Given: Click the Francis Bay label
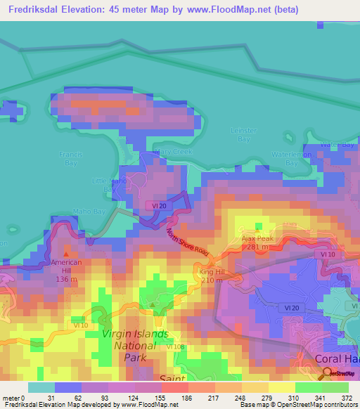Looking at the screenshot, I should pos(71,158).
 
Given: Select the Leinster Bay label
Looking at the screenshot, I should pos(244,134).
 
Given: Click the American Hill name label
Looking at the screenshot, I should pos(67,262).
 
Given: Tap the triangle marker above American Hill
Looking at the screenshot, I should pos(67,254).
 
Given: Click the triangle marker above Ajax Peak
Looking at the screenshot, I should pos(258,228).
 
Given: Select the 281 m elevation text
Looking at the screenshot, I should pos(257,247).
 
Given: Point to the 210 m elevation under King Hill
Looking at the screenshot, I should pos(212,279).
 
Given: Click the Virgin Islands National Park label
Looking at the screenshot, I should pos(135,339).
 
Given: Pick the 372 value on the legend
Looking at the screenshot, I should pos(347,398).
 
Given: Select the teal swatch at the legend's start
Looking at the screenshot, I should pos(41,387).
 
